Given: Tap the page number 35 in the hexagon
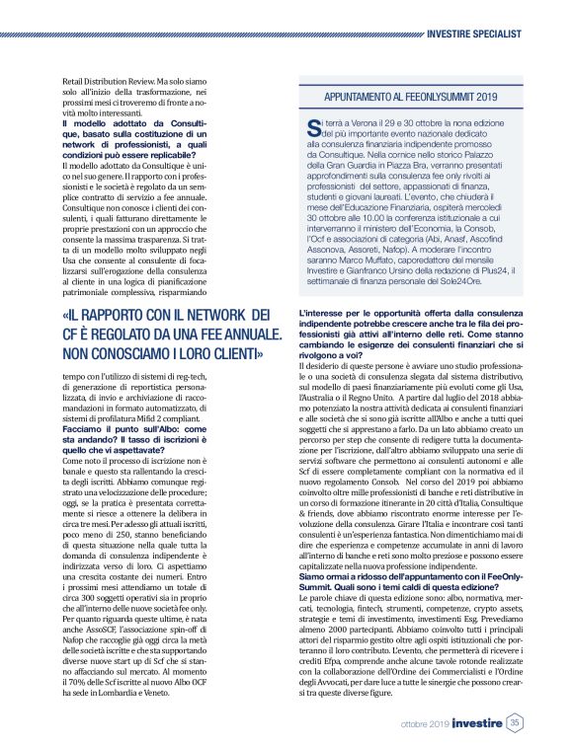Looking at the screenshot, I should (x=515, y=723).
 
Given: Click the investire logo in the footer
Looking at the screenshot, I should (x=478, y=723).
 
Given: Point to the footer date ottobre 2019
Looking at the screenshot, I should (x=425, y=724).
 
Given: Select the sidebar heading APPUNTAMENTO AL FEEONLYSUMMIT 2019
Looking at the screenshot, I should (x=410, y=98).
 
